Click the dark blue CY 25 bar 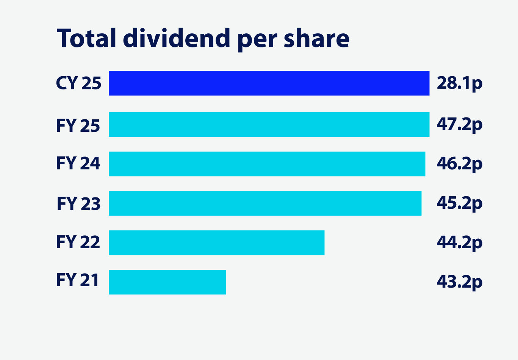tap(269, 83)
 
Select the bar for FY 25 tap(269, 124)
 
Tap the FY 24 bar tap(267, 164)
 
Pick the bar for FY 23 tap(265, 203)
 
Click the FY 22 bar tap(216, 243)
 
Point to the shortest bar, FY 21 tap(167, 282)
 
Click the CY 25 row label tap(78, 83)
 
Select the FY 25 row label tap(78, 126)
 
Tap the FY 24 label tap(78, 163)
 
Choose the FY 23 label tap(78, 203)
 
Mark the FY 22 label tap(78, 242)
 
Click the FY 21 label tap(78, 280)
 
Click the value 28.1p tap(459, 83)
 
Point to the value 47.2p tap(459, 124)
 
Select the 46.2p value tap(459, 164)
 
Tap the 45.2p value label tap(459, 203)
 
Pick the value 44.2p tap(459, 243)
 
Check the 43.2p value tap(459, 282)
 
